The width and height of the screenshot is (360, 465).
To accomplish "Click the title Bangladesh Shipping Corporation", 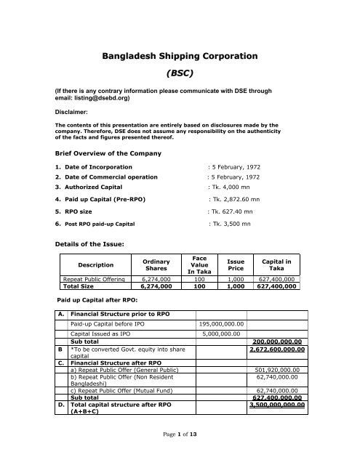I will [180, 54].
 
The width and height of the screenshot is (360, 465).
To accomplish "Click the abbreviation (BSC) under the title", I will [180, 73].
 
